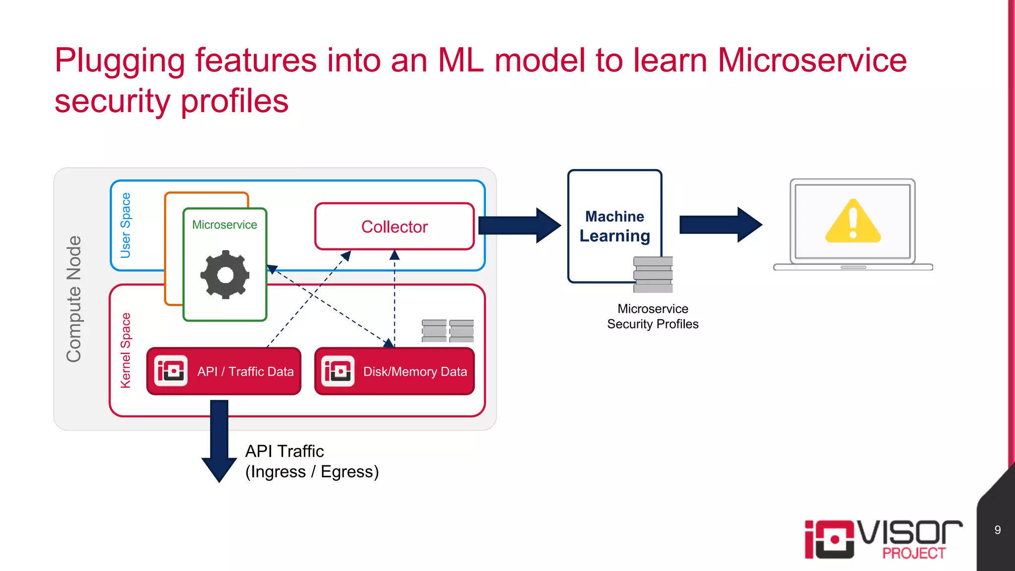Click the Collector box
click(x=395, y=227)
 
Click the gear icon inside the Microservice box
click(x=225, y=275)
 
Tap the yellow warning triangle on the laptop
click(x=852, y=223)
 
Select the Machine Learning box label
click(x=615, y=226)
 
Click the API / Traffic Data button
click(x=224, y=371)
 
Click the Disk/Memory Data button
click(x=395, y=371)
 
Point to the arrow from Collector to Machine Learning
click(x=518, y=226)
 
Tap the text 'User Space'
click(x=126, y=226)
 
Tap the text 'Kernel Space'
click(x=126, y=350)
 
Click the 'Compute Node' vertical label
click(x=74, y=299)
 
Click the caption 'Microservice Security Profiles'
click(x=653, y=316)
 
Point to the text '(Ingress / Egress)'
click(x=312, y=471)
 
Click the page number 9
click(x=997, y=530)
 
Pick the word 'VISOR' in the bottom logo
click(x=910, y=533)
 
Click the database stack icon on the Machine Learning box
click(x=653, y=275)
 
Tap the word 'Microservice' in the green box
click(x=225, y=225)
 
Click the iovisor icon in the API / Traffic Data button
click(x=171, y=371)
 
